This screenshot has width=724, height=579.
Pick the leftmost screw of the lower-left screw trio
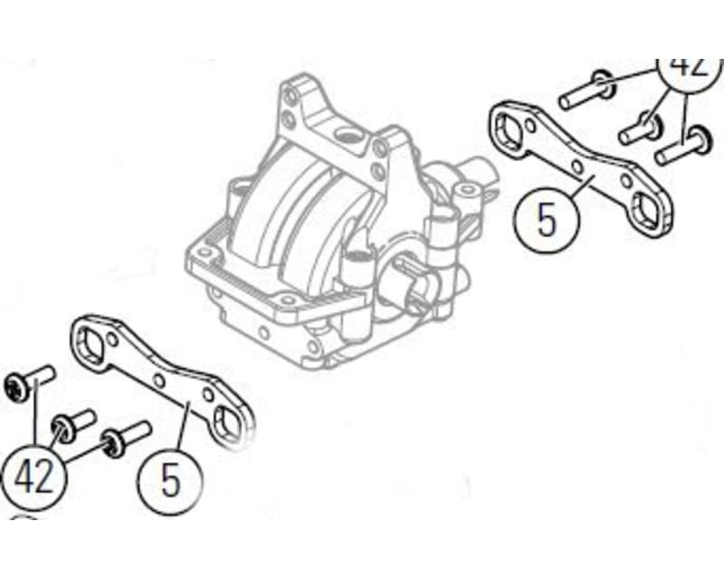click(28, 381)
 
